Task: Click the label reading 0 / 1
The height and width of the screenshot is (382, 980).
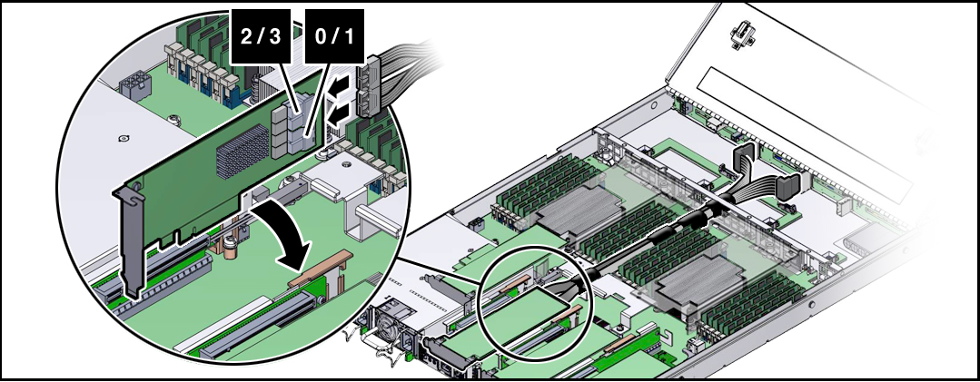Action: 335,37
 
